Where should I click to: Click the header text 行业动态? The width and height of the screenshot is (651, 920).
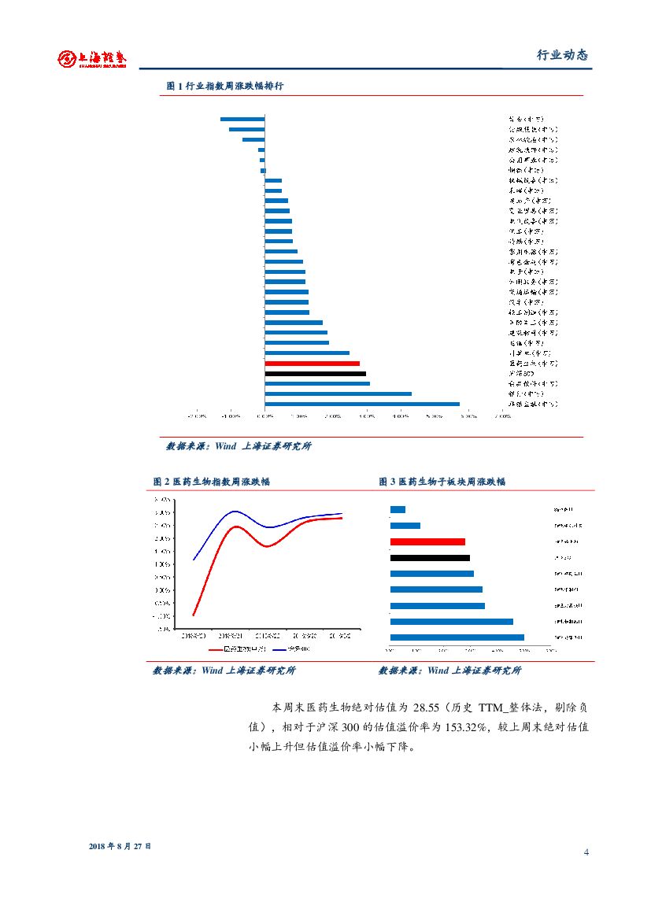(562, 55)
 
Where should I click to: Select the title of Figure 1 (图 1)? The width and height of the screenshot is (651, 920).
(224, 86)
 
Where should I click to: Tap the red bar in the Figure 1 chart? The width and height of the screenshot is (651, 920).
(312, 364)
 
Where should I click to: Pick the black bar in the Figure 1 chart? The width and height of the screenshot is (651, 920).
(315, 374)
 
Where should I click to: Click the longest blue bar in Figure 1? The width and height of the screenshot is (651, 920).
(362, 404)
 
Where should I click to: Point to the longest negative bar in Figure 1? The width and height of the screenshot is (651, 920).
(242, 119)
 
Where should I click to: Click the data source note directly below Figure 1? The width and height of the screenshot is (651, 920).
(238, 446)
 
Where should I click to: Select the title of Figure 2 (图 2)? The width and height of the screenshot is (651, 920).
(211, 481)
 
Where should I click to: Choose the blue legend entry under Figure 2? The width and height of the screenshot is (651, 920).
(290, 649)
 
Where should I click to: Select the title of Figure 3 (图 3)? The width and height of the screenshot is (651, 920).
(442, 481)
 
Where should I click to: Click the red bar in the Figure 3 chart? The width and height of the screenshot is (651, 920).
(427, 541)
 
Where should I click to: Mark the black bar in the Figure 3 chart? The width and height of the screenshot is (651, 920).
(430, 558)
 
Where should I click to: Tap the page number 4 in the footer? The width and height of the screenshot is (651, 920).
(586, 852)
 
